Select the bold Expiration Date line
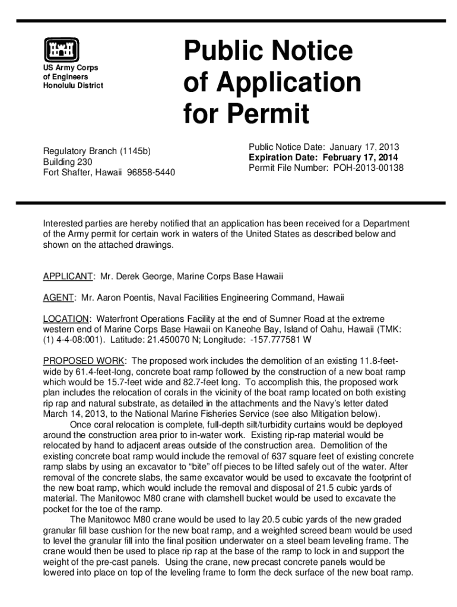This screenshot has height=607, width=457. pos(323,158)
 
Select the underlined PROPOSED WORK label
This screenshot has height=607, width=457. pos(84,361)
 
